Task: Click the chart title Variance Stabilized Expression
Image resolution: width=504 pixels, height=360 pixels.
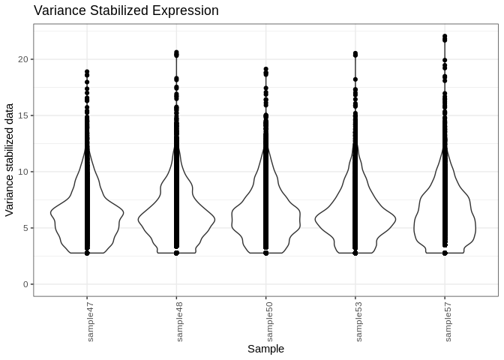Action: click(126, 10)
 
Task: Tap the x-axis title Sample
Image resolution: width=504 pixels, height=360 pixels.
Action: click(265, 349)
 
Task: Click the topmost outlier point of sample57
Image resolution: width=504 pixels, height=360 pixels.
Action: click(445, 36)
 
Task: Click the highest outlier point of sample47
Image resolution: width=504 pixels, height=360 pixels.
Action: click(87, 72)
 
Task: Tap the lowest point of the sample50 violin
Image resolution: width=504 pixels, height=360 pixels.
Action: click(265, 253)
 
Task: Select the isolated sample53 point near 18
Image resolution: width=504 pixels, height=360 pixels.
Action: click(355, 79)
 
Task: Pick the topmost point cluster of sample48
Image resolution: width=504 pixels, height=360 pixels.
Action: click(176, 53)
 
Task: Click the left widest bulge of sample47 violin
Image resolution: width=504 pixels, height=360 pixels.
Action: click(51, 213)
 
